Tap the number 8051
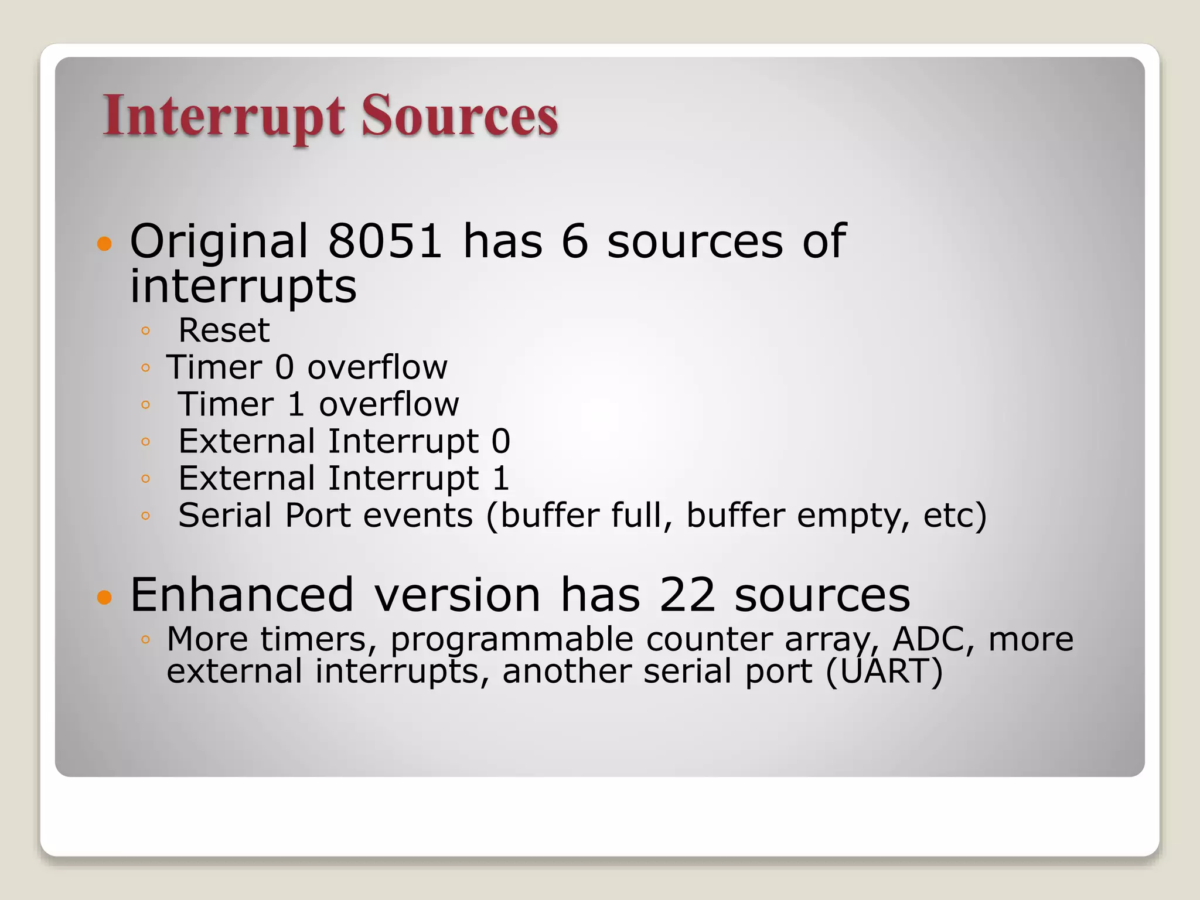(x=384, y=241)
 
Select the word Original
(x=219, y=242)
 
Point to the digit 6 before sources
(x=574, y=241)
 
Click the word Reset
(x=224, y=330)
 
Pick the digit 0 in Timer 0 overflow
(x=284, y=367)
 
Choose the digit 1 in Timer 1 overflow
(x=296, y=404)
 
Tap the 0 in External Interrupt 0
(x=500, y=441)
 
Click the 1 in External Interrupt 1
(x=500, y=478)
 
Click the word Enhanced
(x=242, y=595)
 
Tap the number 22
(x=687, y=595)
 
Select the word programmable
(x=512, y=640)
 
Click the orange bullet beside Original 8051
(x=104, y=243)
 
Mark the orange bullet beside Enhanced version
(x=104, y=597)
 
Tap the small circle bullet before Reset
(x=146, y=331)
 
